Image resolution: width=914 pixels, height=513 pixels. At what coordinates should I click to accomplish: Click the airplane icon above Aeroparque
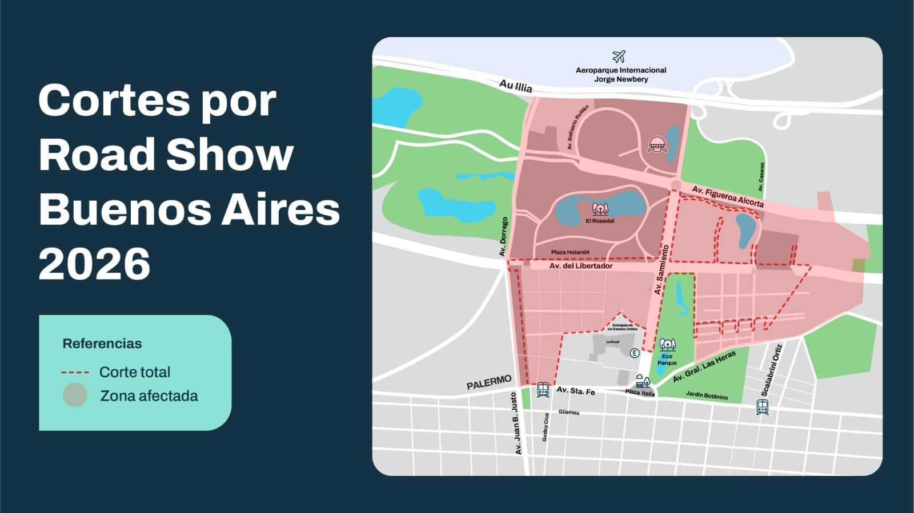pos(619,56)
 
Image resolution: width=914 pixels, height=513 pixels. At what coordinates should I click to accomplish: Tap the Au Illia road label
pos(515,86)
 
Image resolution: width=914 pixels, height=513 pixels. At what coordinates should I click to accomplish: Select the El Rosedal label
pos(600,221)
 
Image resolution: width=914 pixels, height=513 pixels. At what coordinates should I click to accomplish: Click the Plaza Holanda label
pos(570,252)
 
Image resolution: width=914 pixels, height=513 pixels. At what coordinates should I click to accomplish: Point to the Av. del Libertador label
pos(580,266)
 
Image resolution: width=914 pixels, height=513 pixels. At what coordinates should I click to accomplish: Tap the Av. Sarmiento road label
pos(662,270)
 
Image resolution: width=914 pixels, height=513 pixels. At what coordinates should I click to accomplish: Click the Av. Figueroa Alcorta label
pos(727,196)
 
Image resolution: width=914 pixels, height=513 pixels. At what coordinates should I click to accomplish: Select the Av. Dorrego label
pos(503,236)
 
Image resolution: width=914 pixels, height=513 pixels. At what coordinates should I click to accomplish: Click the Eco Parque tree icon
pos(667,345)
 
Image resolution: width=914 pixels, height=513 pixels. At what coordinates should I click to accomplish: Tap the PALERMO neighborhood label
pos(489,382)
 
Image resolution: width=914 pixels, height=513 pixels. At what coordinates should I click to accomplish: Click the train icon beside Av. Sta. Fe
pos(543,390)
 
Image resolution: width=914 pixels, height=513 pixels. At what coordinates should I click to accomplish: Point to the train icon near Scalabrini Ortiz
pos(762,407)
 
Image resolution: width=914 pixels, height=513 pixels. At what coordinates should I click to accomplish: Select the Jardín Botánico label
pos(707,395)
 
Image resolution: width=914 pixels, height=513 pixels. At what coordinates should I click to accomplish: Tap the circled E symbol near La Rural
pos(634,353)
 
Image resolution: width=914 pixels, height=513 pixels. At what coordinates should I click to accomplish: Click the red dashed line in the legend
pos(75,373)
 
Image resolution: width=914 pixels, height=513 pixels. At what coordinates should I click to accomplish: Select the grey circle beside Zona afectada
pos(75,395)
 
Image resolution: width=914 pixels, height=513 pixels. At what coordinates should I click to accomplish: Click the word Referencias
pos(102,344)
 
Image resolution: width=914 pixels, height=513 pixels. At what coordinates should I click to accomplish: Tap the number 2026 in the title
pos(94,263)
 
